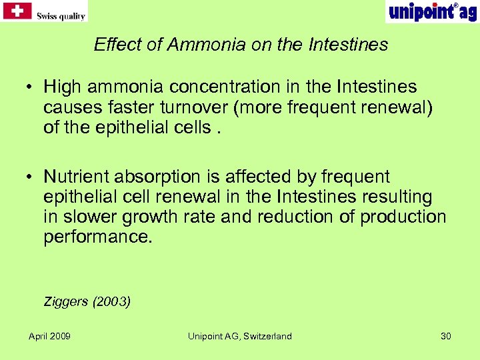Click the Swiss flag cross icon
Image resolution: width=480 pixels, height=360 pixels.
pyautogui.click(x=18, y=11)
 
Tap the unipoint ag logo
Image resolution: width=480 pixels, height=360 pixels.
pyautogui.click(x=431, y=11)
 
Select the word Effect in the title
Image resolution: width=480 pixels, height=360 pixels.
pyautogui.click(x=112, y=45)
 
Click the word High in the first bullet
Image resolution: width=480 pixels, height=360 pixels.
pyautogui.click(x=61, y=87)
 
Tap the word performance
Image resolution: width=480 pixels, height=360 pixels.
pyautogui.click(x=98, y=237)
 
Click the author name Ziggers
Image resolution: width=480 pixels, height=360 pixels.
pyautogui.click(x=66, y=301)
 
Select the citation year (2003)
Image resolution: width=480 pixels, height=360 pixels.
pyautogui.click(x=112, y=301)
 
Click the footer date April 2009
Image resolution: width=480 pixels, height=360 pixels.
pyautogui.click(x=49, y=336)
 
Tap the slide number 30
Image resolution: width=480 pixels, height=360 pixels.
pyautogui.click(x=446, y=336)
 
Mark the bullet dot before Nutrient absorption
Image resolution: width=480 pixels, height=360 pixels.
pyautogui.click(x=31, y=177)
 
